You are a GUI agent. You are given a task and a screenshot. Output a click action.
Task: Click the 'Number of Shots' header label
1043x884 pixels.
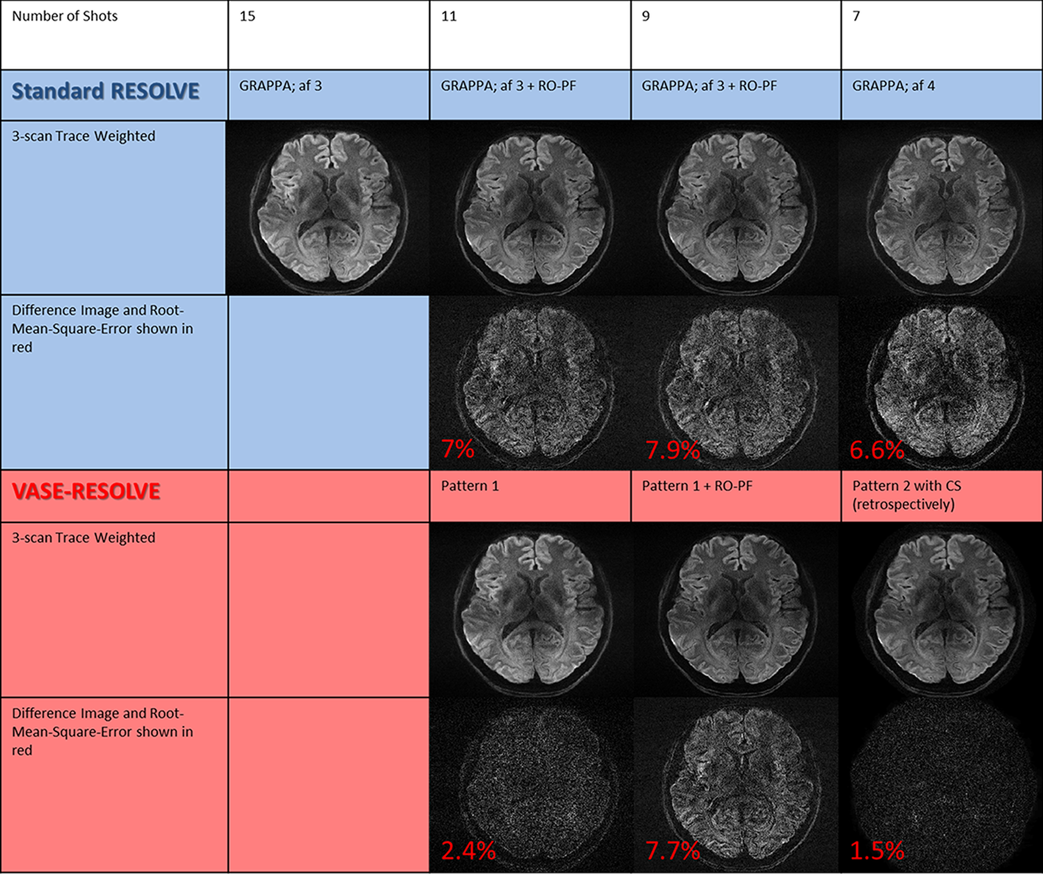pyautogui.click(x=65, y=16)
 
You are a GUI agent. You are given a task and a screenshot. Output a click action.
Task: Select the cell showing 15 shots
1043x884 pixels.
pyautogui.click(x=248, y=16)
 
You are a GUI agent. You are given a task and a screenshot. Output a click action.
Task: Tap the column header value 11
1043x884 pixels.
pyautogui.click(x=449, y=16)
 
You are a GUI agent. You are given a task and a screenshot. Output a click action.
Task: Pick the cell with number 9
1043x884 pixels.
pyautogui.click(x=646, y=16)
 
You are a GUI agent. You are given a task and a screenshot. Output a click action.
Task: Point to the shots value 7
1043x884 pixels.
pyautogui.click(x=856, y=16)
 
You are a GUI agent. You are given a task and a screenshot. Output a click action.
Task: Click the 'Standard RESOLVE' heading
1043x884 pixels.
pyautogui.click(x=105, y=92)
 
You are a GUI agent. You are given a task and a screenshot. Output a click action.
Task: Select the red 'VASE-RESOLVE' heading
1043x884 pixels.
pyautogui.click(x=86, y=491)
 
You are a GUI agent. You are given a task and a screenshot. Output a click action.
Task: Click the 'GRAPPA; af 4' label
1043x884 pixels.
pyautogui.click(x=893, y=86)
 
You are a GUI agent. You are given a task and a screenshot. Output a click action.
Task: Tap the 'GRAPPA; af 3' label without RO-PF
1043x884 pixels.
pyautogui.click(x=280, y=86)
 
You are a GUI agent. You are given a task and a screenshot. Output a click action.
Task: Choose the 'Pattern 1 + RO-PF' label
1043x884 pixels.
pyautogui.click(x=697, y=486)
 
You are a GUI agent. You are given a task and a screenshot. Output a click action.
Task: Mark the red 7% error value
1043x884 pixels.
pyautogui.click(x=458, y=449)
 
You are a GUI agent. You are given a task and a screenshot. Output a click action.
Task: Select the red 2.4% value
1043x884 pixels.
pyautogui.click(x=468, y=851)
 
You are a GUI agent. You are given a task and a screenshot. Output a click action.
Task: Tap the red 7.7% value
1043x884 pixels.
pyautogui.click(x=672, y=851)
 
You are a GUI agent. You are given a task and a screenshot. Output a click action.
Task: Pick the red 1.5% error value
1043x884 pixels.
pyautogui.click(x=877, y=851)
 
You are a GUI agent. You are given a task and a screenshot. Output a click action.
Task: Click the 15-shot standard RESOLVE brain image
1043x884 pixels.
pyautogui.click(x=329, y=207)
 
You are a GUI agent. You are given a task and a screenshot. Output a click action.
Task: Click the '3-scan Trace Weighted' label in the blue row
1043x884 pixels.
pyautogui.click(x=84, y=136)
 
